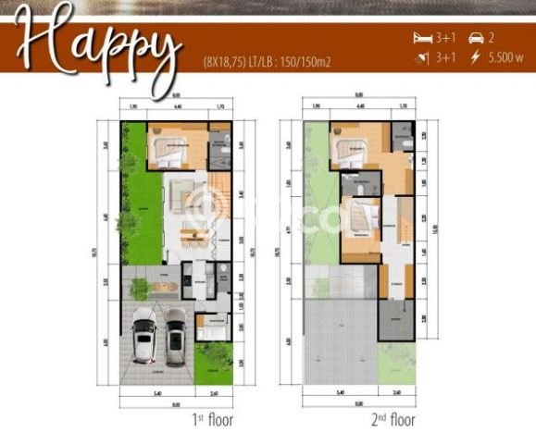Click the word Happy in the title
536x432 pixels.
[98, 44]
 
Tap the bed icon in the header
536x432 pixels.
[423, 38]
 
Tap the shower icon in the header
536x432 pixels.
[423, 57]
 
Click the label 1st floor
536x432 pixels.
[212, 419]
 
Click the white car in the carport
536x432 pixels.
[144, 335]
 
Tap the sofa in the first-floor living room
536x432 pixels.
[177, 194]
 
